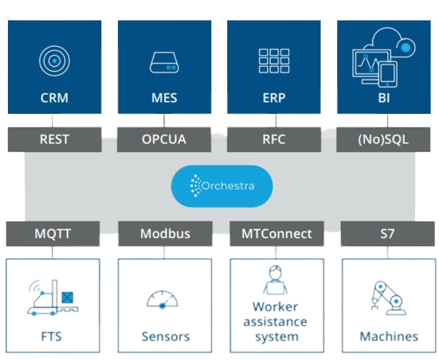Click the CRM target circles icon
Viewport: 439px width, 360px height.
pos(54,61)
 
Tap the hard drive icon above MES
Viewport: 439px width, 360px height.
pos(164,62)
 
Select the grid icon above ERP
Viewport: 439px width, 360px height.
pos(274,61)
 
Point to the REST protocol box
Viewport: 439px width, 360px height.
pos(55,139)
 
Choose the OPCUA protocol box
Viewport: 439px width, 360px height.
pos(164,139)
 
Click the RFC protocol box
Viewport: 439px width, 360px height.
pos(274,139)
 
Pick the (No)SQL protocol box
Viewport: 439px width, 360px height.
pos(383,139)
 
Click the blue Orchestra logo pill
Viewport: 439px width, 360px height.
pos(221,186)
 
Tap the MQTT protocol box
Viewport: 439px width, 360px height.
pos(53,233)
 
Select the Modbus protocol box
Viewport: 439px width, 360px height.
pos(165,233)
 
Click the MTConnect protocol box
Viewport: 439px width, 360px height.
pos(277,233)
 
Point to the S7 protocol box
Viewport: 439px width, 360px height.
pos(388,233)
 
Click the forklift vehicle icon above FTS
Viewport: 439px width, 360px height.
pos(53,298)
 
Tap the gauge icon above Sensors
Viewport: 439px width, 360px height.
pos(163,299)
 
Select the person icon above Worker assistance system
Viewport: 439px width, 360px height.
pos(276,280)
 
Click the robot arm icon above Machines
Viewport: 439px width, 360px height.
pos(389,299)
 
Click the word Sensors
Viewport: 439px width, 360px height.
pos(166,336)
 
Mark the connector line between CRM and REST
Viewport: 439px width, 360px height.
pos(52,120)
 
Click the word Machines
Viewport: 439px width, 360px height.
pos(389,336)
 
